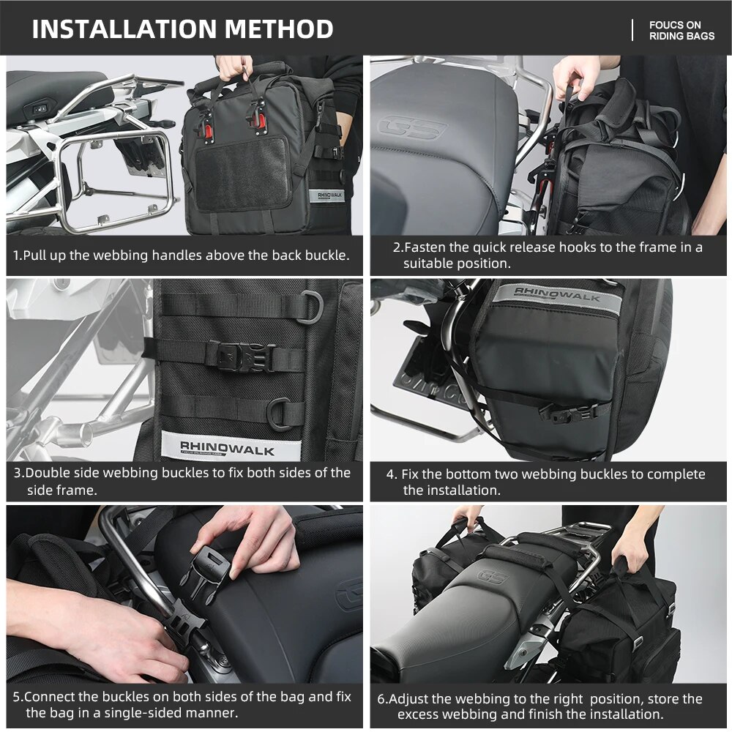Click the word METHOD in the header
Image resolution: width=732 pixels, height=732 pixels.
tap(279, 29)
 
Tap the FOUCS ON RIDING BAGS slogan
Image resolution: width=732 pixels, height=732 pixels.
tap(681, 30)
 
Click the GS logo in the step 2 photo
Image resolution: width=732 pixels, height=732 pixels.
tap(411, 127)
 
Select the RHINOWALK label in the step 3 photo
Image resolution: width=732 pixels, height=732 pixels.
tap(228, 449)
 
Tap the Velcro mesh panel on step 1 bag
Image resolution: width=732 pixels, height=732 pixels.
tap(242, 173)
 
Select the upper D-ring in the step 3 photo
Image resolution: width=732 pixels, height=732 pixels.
tap(311, 306)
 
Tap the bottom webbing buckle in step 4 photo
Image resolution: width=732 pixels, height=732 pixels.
tap(568, 413)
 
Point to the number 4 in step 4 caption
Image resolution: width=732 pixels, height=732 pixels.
tap(390, 475)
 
